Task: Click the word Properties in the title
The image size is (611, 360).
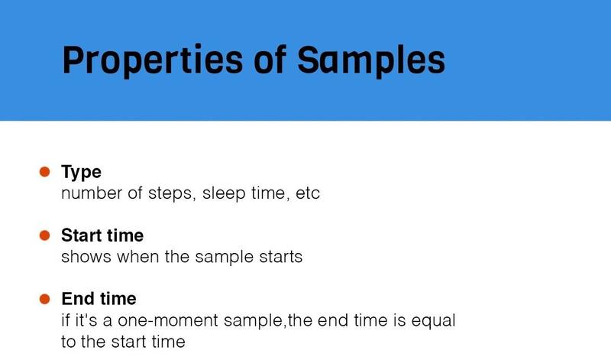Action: pos(152,60)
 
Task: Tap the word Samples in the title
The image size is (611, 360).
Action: pos(371,60)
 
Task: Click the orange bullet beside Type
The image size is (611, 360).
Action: pos(45,172)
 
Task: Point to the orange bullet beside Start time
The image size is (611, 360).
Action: pos(45,235)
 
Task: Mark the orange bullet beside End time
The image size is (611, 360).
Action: pos(45,299)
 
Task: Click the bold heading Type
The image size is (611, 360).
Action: pos(81,173)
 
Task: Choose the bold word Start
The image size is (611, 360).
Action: pos(82,235)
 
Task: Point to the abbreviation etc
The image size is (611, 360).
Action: pos(308,194)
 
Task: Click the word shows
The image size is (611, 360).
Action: pos(86,257)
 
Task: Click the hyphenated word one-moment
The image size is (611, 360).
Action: pos(167,320)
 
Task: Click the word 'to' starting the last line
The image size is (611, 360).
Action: pos(69,342)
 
